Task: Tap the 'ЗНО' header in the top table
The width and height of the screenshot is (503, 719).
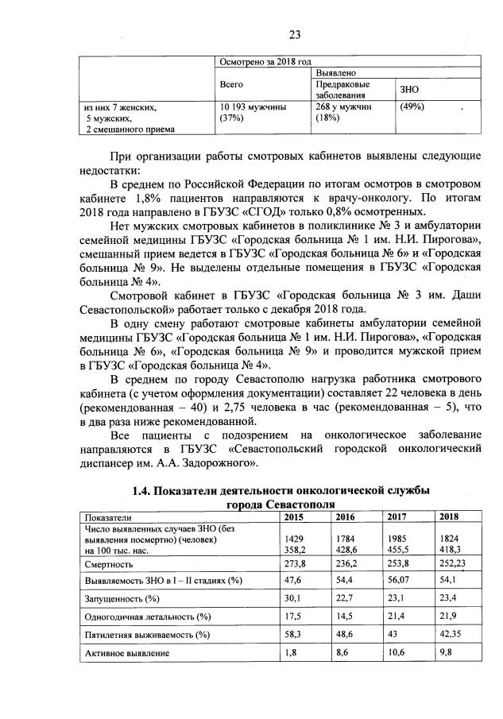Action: (x=412, y=89)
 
